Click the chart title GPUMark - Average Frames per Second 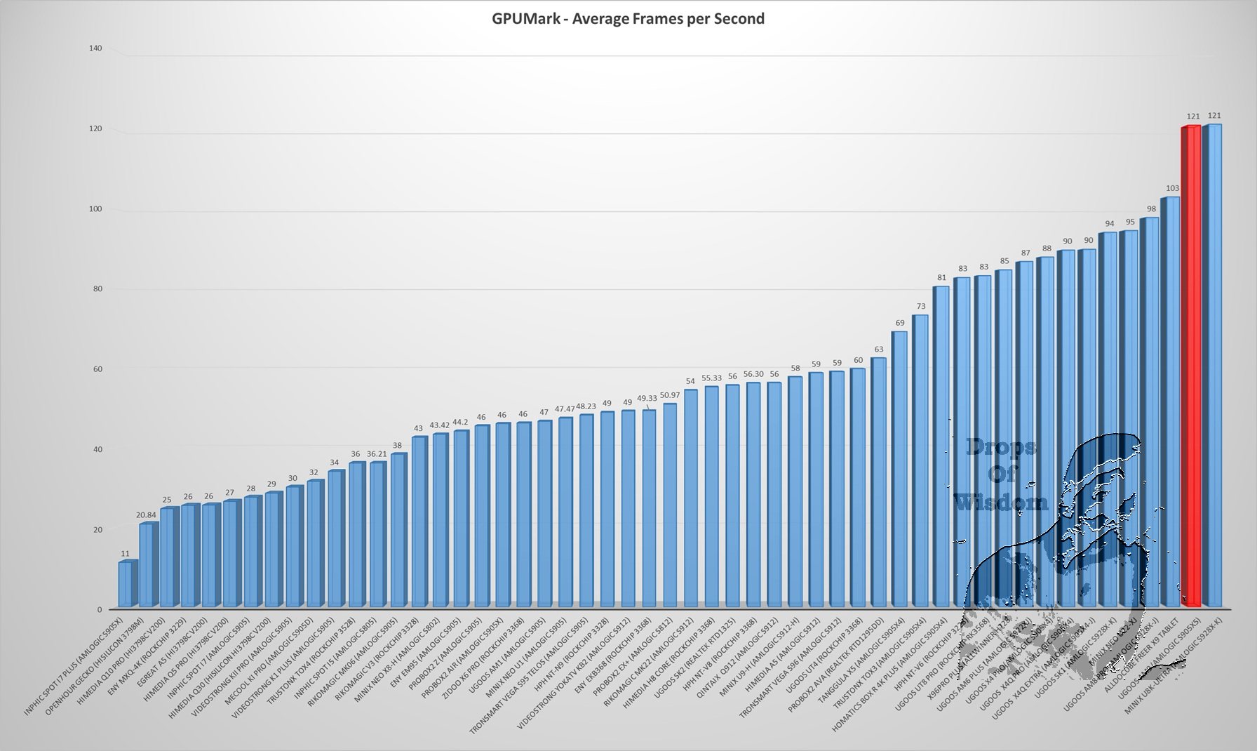[x=628, y=19]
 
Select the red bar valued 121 [x=1190, y=365]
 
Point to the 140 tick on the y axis [x=95, y=48]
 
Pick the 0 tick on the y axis [x=100, y=610]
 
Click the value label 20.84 [x=147, y=514]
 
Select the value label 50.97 [x=669, y=395]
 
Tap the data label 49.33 [x=647, y=398]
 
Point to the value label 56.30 [x=753, y=374]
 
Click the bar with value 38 [x=398, y=531]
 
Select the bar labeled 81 [x=940, y=446]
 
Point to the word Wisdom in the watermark [x=1000, y=503]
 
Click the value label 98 [x=1151, y=209]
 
